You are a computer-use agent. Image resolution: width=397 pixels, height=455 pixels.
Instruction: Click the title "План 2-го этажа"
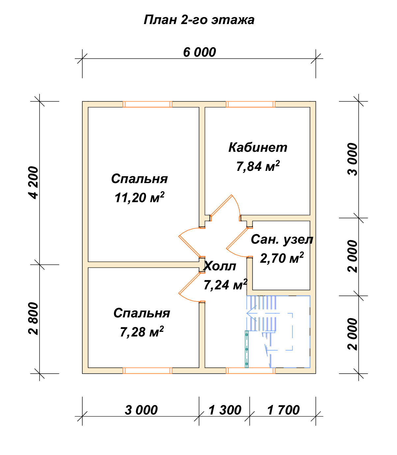click(x=199, y=20)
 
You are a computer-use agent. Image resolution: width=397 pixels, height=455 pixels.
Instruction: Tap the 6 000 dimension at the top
click(x=199, y=52)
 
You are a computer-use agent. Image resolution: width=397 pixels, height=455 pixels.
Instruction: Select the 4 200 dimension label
click(x=34, y=183)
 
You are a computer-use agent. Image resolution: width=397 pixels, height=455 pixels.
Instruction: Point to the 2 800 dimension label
click(x=34, y=318)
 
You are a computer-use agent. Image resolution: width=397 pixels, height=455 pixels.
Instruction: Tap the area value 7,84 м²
click(x=258, y=166)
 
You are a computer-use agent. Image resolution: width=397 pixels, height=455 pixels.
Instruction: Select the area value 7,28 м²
click(x=142, y=332)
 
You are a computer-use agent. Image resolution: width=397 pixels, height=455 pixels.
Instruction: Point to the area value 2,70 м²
click(x=282, y=258)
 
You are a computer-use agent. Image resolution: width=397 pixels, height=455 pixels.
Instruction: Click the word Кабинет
click(x=258, y=147)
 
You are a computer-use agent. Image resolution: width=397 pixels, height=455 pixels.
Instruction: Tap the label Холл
click(x=220, y=266)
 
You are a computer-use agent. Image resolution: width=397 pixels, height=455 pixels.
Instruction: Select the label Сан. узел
click(x=282, y=239)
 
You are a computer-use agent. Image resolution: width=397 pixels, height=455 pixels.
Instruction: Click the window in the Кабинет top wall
click(x=251, y=104)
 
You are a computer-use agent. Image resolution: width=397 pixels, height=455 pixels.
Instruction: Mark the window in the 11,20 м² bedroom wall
click(x=147, y=104)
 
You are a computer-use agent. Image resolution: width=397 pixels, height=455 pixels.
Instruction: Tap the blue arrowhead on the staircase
click(x=251, y=313)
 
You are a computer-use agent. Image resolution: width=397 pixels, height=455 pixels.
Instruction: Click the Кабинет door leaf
click(x=221, y=205)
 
